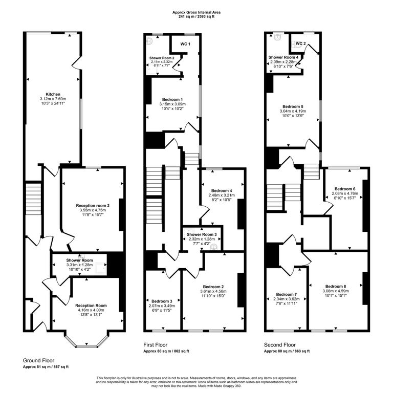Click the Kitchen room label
point(53,94)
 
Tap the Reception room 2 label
point(93,206)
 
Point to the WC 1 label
point(185,44)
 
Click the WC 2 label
point(300,43)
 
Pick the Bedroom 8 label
point(336,286)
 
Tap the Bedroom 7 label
point(287,294)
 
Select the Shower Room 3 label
point(202,234)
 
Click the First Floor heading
point(156,345)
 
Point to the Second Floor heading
point(280,345)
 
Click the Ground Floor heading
point(38,360)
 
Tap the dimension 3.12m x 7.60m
point(53,99)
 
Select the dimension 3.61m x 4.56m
point(213,291)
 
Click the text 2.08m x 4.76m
point(345,193)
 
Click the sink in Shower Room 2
point(149,41)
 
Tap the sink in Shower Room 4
point(277,37)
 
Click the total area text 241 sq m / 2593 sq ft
point(196,17)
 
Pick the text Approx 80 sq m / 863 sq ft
point(287,351)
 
